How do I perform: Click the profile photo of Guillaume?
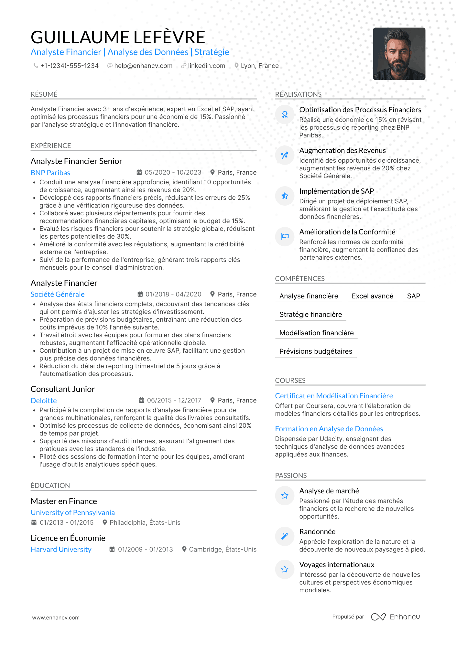click(x=399, y=54)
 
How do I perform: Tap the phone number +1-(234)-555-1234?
click(x=69, y=66)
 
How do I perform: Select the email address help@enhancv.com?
click(x=143, y=66)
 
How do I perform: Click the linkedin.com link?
click(x=206, y=66)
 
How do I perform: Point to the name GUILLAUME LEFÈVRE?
click(x=118, y=37)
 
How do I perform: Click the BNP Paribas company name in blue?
click(x=50, y=173)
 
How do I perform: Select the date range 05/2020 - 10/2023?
click(x=173, y=173)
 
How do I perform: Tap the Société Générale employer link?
click(x=58, y=295)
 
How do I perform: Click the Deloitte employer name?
click(x=44, y=401)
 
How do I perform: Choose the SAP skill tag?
click(x=413, y=296)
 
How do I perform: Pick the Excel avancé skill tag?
click(x=372, y=296)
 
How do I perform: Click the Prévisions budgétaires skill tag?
click(x=316, y=351)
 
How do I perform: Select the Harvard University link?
click(x=61, y=550)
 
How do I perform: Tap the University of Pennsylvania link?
click(x=73, y=513)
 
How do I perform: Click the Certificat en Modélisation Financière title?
click(x=334, y=396)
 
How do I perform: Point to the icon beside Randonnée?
click(x=285, y=536)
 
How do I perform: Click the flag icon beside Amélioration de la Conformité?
click(x=285, y=237)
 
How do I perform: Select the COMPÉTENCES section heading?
click(x=300, y=279)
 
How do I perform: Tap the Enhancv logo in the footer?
click(x=395, y=617)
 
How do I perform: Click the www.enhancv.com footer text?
click(x=56, y=618)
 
